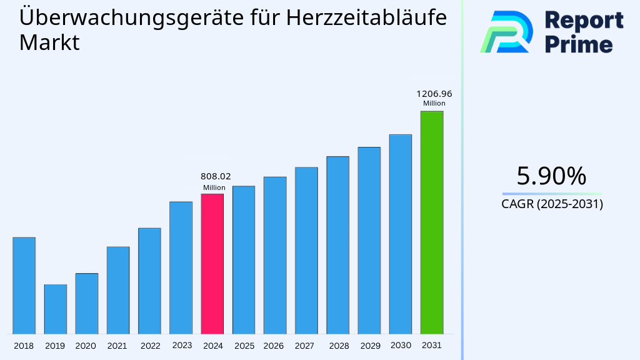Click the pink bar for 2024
pyautogui.click(x=212, y=263)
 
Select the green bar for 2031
pyautogui.click(x=431, y=222)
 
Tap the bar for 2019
pyautogui.click(x=55, y=309)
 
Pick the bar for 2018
pyautogui.click(x=24, y=285)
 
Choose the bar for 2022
pyautogui.click(x=149, y=281)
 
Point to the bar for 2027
pyautogui.click(x=306, y=250)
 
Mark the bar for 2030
pyautogui.click(x=400, y=234)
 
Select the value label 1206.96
pyautogui.click(x=434, y=94)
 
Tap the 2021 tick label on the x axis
pyautogui.click(x=117, y=346)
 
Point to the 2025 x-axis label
pyautogui.click(x=244, y=346)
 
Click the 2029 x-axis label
pyautogui.click(x=369, y=346)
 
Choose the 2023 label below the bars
pyautogui.click(x=182, y=345)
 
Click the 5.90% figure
pyautogui.click(x=551, y=176)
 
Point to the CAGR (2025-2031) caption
pyautogui.click(x=552, y=204)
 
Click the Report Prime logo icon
pyautogui.click(x=506, y=31)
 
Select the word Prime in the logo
pyautogui.click(x=579, y=44)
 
